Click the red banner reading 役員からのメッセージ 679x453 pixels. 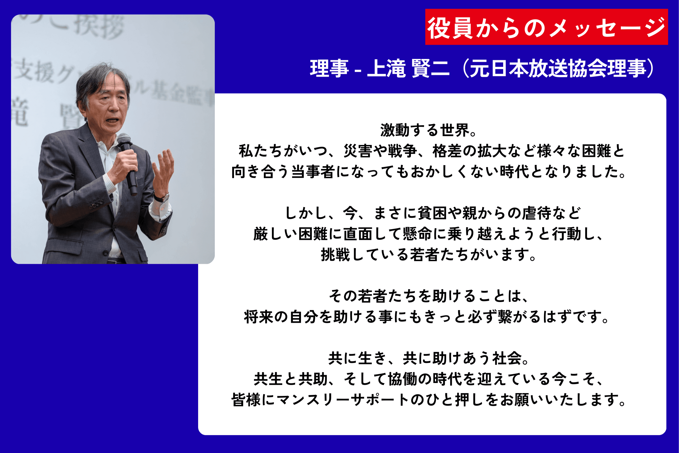pos(546,27)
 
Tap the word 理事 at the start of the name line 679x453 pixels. pos(329,69)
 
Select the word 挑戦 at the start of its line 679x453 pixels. pos(335,255)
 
